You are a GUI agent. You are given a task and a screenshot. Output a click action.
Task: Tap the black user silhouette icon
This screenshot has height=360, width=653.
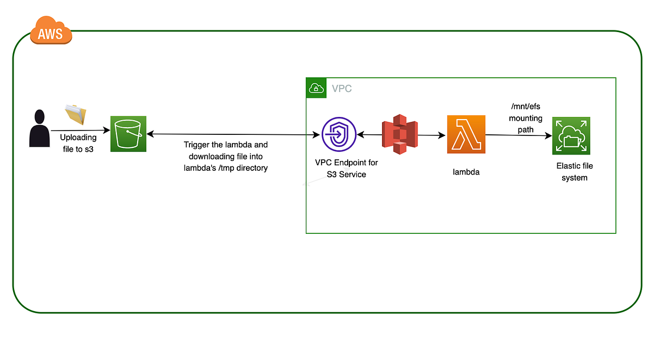click(x=39, y=128)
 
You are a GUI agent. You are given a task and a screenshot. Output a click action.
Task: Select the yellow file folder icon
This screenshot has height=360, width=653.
click(x=76, y=114)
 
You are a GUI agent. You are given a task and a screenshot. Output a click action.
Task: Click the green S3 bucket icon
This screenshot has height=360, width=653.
click(x=128, y=134)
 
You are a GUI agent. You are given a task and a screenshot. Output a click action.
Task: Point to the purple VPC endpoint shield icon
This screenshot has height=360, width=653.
click(x=338, y=134)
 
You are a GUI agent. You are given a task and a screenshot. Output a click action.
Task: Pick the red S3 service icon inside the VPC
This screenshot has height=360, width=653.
click(x=399, y=134)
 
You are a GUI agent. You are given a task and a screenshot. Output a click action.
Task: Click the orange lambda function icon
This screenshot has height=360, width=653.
click(x=466, y=134)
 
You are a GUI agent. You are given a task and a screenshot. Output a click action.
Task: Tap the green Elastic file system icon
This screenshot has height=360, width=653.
click(x=571, y=136)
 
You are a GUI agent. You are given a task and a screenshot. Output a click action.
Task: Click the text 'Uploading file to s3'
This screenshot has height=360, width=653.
click(x=78, y=143)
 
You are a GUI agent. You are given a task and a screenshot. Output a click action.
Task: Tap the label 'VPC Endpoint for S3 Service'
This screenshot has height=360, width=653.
click(x=347, y=168)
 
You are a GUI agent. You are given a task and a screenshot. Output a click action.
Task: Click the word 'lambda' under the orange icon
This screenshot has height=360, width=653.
click(x=466, y=172)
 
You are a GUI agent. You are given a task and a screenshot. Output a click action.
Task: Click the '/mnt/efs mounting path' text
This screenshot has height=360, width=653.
click(x=526, y=118)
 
